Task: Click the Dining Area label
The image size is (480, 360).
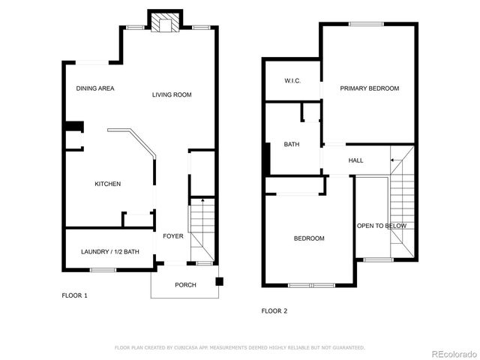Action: (x=95, y=88)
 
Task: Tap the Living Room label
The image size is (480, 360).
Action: (x=172, y=94)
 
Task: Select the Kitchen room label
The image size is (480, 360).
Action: (x=107, y=184)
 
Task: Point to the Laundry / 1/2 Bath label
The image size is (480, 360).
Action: (x=109, y=251)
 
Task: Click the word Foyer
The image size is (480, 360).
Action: (x=173, y=236)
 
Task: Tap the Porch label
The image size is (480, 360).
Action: (x=185, y=285)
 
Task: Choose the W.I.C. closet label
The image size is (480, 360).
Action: (x=292, y=80)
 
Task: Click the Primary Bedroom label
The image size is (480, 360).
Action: (x=369, y=88)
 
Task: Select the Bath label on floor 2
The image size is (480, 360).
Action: (x=292, y=145)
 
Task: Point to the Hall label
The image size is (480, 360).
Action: (x=355, y=160)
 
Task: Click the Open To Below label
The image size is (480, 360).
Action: (x=382, y=226)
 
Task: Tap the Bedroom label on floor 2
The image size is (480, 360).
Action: (x=308, y=238)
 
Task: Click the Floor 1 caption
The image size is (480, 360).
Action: (x=74, y=295)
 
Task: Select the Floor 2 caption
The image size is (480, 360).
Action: (x=274, y=310)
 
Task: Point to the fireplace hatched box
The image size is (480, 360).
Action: (x=164, y=23)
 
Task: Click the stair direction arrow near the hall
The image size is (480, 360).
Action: (x=394, y=160)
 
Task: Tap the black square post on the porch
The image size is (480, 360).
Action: (x=219, y=282)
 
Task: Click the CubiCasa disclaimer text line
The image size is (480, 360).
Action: (x=239, y=347)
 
